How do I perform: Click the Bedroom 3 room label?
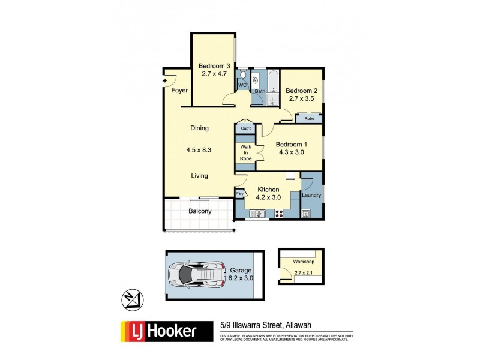[214, 66]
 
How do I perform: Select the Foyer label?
[179, 91]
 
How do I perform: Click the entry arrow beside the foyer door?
[164, 80]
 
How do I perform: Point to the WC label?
[242, 86]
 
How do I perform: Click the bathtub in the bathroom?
[273, 80]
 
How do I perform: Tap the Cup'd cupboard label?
[246, 128]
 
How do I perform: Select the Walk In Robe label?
[246, 152]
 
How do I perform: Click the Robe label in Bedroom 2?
[309, 119]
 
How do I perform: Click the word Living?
[199, 176]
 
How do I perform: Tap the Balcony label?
[200, 211]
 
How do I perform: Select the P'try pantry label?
[239, 194]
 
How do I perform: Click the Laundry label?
[312, 195]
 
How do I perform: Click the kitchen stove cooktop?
[279, 214]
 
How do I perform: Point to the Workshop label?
[304, 262]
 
